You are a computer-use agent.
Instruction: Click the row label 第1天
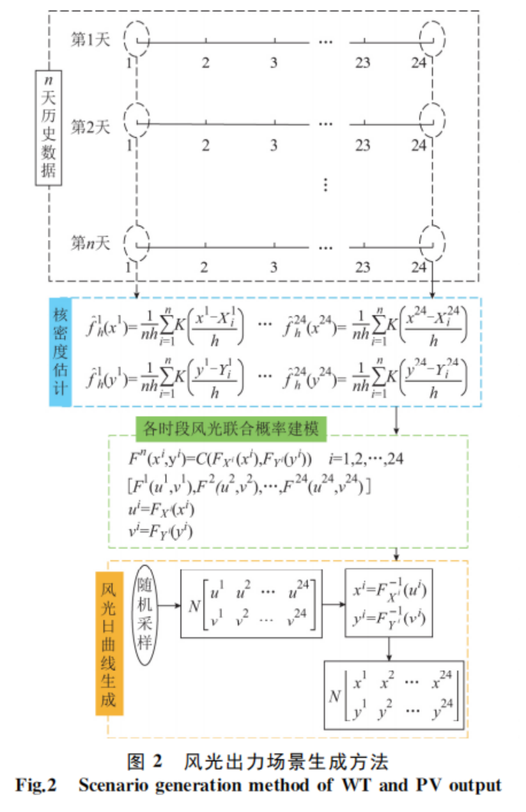(x=90, y=39)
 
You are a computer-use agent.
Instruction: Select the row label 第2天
(x=90, y=125)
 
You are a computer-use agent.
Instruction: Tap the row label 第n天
(x=90, y=244)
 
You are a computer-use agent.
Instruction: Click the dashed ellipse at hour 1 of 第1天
(x=135, y=38)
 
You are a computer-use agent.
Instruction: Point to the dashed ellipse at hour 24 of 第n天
(x=433, y=245)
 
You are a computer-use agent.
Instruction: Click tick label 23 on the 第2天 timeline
(x=362, y=145)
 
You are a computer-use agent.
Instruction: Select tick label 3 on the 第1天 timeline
(x=273, y=61)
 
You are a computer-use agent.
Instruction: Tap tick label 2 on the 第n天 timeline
(x=204, y=267)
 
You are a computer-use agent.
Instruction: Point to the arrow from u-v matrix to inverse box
(x=333, y=603)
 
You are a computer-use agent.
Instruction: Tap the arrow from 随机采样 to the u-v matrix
(x=168, y=603)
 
